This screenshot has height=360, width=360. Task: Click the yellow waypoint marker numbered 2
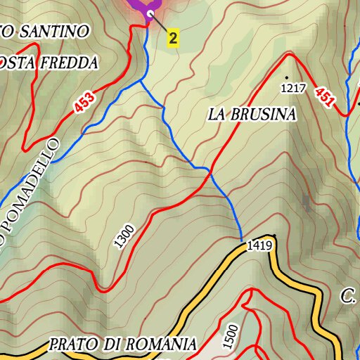click(x=173, y=38)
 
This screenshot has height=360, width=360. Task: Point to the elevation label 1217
click(x=295, y=89)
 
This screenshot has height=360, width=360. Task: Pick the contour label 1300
click(x=124, y=236)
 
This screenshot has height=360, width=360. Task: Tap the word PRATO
click(x=75, y=345)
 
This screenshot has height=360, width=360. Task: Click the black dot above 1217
click(x=287, y=76)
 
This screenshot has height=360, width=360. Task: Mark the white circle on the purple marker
click(x=150, y=13)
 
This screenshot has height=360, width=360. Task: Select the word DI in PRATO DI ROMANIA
click(x=111, y=345)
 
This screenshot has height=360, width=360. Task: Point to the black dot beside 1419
click(x=274, y=236)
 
